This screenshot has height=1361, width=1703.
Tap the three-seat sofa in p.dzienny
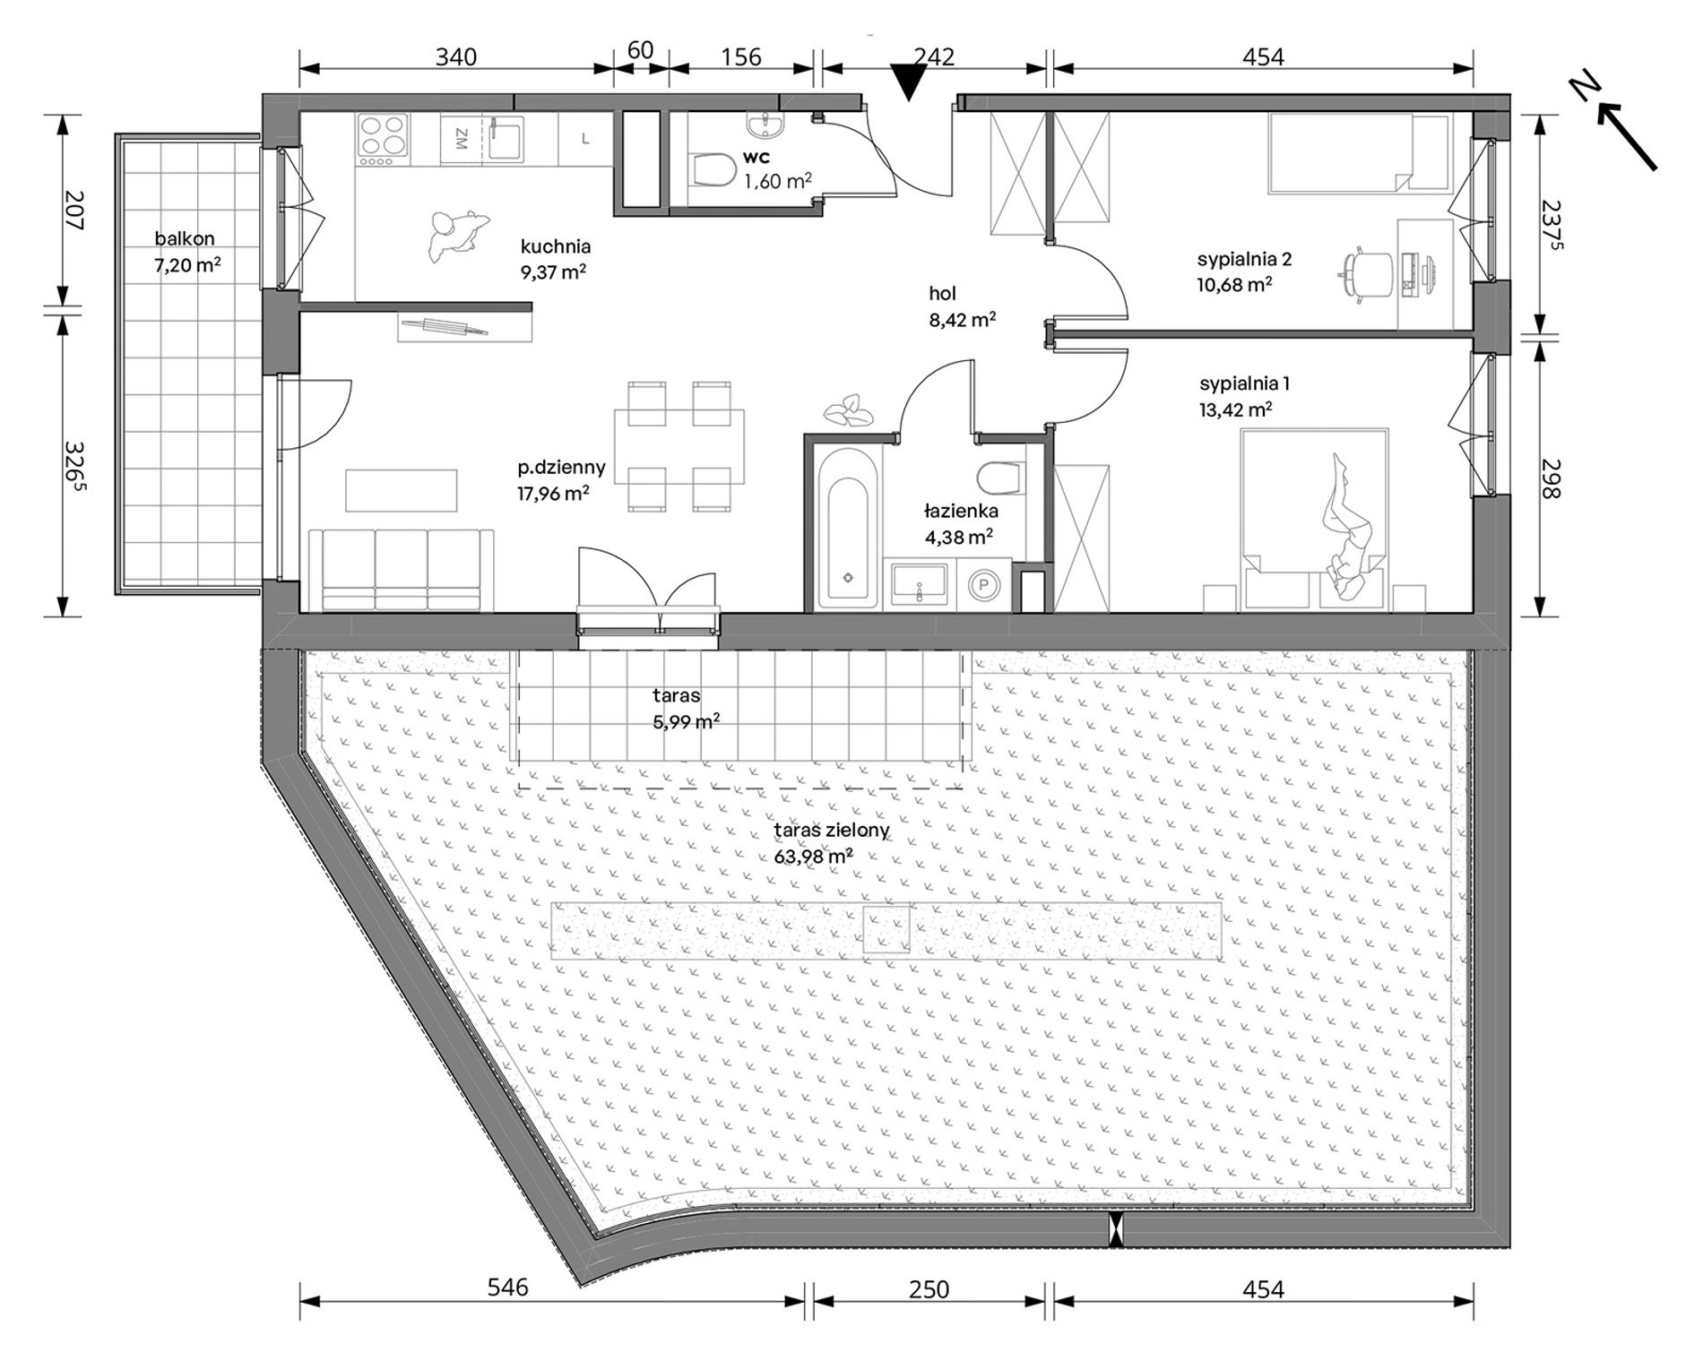pyautogui.click(x=401, y=570)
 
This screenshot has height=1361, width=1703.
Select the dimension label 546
pyautogui.click(x=507, y=1288)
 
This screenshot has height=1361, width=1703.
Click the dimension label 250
pyautogui.click(x=929, y=1288)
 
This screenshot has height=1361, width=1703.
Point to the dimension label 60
pyautogui.click(x=640, y=50)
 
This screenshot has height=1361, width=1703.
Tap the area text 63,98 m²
pyautogui.click(x=814, y=856)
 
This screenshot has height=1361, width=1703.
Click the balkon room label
pyautogui.click(x=184, y=238)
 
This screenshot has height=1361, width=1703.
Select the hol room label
pyautogui.click(x=942, y=293)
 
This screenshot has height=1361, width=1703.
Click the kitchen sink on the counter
pyautogui.click(x=507, y=139)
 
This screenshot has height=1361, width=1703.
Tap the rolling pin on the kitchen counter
pyautogui.click(x=445, y=328)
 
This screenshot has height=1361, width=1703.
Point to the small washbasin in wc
pyautogui.click(x=765, y=126)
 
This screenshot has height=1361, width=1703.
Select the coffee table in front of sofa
pyautogui.click(x=401, y=489)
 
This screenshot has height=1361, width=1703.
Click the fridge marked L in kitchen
pyautogui.click(x=585, y=139)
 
